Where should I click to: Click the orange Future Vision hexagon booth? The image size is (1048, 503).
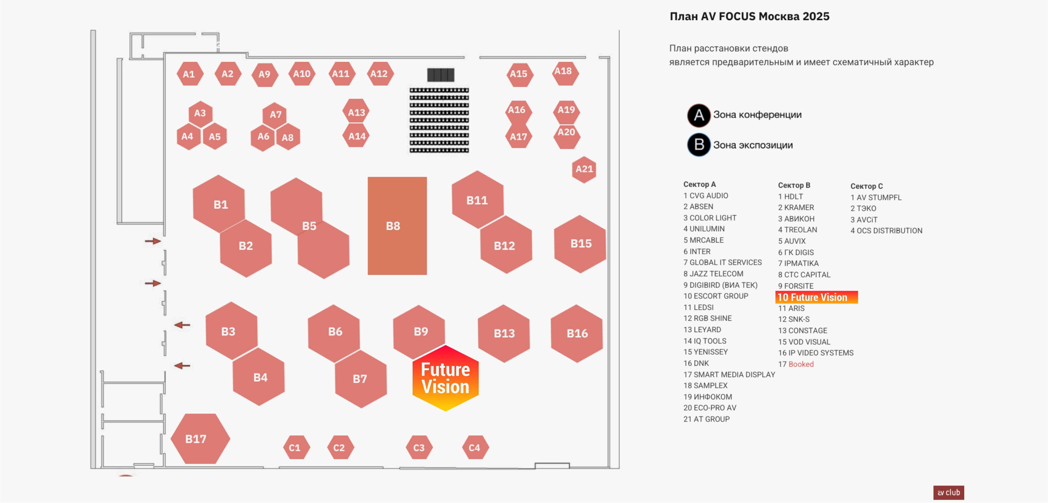[x=446, y=378]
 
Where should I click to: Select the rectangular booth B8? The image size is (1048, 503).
[x=397, y=226]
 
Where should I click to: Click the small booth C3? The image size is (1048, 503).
[x=419, y=448]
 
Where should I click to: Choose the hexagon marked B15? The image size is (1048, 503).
[x=580, y=244]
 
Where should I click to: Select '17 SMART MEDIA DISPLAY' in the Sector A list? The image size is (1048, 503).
[x=729, y=374]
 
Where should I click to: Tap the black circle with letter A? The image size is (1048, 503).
[x=699, y=115]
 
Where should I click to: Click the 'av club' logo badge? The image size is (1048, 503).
[x=948, y=492]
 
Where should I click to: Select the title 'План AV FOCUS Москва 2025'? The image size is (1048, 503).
[x=749, y=17]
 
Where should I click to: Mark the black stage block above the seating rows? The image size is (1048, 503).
[x=441, y=75]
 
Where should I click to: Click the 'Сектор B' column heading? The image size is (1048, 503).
[x=794, y=185]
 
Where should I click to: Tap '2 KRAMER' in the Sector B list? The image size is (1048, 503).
[x=796, y=208]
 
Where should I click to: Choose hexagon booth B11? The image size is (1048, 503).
[x=477, y=200]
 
